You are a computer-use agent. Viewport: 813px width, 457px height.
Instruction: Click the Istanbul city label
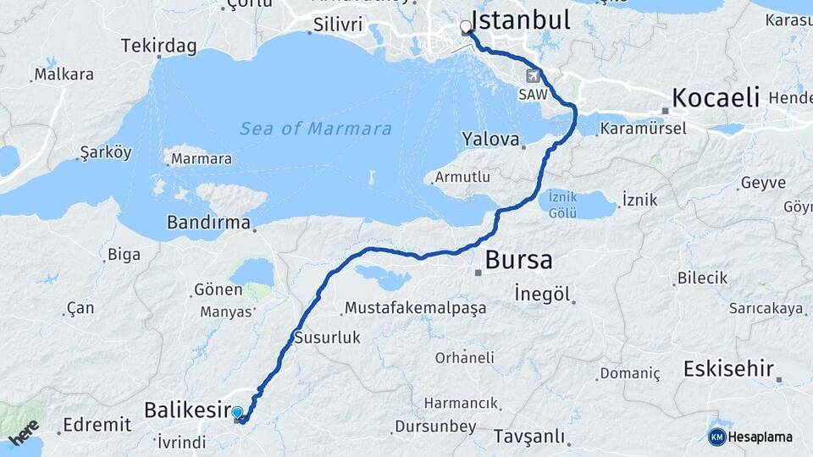pyautogui.click(x=521, y=19)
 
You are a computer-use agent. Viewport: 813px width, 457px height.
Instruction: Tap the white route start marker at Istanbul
pyautogui.click(x=466, y=27)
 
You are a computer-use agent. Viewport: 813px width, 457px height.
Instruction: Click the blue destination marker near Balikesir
pyautogui.click(x=238, y=414)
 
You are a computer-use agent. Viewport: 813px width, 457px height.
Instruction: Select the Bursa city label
pyautogui.click(x=518, y=259)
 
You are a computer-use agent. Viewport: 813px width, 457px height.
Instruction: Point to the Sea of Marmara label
pyautogui.click(x=315, y=129)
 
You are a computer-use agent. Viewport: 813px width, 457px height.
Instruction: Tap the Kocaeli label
pyautogui.click(x=715, y=97)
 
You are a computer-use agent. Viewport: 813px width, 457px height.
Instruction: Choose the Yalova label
pyautogui.click(x=489, y=138)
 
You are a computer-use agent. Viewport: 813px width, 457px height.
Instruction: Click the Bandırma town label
pyautogui.click(x=209, y=224)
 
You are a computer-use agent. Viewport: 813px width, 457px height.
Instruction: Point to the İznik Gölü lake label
pyautogui.click(x=562, y=204)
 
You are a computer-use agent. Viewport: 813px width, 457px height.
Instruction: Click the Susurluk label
pyautogui.click(x=327, y=338)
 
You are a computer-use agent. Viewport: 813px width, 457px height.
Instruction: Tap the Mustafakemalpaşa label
pyautogui.click(x=415, y=307)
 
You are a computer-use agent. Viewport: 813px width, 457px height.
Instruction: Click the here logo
pyautogui.click(x=25, y=432)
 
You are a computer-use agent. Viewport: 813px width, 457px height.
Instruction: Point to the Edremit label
pyautogui.click(x=97, y=425)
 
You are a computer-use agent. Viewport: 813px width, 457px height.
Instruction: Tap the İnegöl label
pyautogui.click(x=543, y=294)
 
